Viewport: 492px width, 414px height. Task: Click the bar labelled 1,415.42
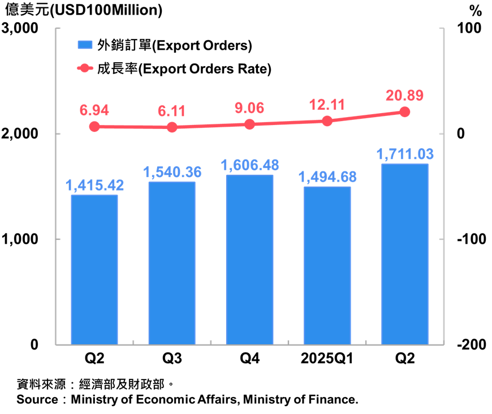click(94, 269)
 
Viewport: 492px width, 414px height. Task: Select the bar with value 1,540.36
click(172, 262)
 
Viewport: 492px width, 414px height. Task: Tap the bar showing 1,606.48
click(249, 259)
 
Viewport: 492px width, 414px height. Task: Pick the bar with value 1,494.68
click(327, 265)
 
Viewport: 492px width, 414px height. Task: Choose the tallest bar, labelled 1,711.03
click(405, 253)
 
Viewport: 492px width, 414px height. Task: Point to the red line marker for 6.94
click(94, 127)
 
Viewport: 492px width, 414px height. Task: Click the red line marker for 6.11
click(172, 127)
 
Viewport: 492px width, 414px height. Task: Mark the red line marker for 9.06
click(249, 124)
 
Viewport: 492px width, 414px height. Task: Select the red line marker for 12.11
click(327, 121)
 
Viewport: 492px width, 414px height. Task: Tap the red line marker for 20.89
click(405, 112)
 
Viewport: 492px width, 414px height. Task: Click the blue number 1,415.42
click(94, 186)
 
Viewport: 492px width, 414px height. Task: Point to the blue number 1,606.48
click(249, 165)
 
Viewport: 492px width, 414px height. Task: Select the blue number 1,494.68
click(327, 177)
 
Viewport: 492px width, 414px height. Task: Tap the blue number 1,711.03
click(405, 154)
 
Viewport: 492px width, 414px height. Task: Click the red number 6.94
click(94, 110)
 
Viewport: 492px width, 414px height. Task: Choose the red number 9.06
click(249, 108)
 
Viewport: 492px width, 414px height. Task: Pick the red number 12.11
click(327, 105)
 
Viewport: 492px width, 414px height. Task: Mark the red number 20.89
click(404, 96)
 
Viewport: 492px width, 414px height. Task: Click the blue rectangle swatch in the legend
click(85, 45)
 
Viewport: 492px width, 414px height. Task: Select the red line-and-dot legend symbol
click(85, 68)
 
